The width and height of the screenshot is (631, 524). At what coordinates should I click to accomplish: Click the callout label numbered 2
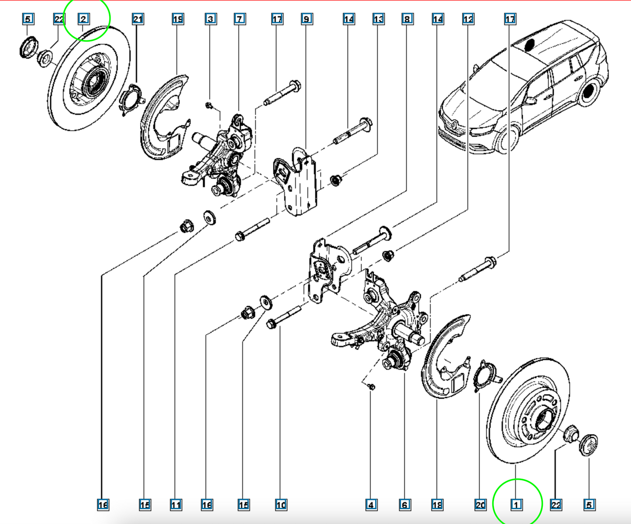click(x=83, y=19)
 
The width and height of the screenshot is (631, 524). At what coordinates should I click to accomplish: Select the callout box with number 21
click(x=138, y=19)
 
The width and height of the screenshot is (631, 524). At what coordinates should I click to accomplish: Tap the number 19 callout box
click(x=178, y=19)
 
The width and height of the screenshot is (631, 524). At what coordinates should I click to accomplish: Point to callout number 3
click(x=210, y=19)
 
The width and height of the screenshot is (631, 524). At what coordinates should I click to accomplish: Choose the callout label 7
click(x=240, y=19)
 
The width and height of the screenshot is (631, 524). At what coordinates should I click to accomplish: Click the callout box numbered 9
click(x=307, y=19)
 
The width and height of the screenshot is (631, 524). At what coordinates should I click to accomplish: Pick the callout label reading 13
click(x=378, y=19)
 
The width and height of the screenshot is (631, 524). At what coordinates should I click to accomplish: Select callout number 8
click(x=407, y=19)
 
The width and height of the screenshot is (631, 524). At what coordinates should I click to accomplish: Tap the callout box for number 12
click(x=468, y=19)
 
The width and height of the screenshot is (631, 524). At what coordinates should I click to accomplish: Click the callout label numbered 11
click(x=176, y=505)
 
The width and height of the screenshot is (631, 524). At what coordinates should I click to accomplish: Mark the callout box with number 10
click(x=281, y=505)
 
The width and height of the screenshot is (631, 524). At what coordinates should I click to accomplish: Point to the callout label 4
click(x=371, y=505)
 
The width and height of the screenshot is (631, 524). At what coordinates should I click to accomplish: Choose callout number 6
click(x=405, y=505)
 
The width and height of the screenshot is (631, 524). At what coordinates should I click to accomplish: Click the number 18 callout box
click(x=437, y=505)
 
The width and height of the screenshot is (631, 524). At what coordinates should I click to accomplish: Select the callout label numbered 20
click(x=480, y=505)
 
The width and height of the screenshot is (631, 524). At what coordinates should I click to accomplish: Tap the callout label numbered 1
click(x=516, y=505)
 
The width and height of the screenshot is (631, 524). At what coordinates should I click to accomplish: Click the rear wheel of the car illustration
click(x=588, y=91)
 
